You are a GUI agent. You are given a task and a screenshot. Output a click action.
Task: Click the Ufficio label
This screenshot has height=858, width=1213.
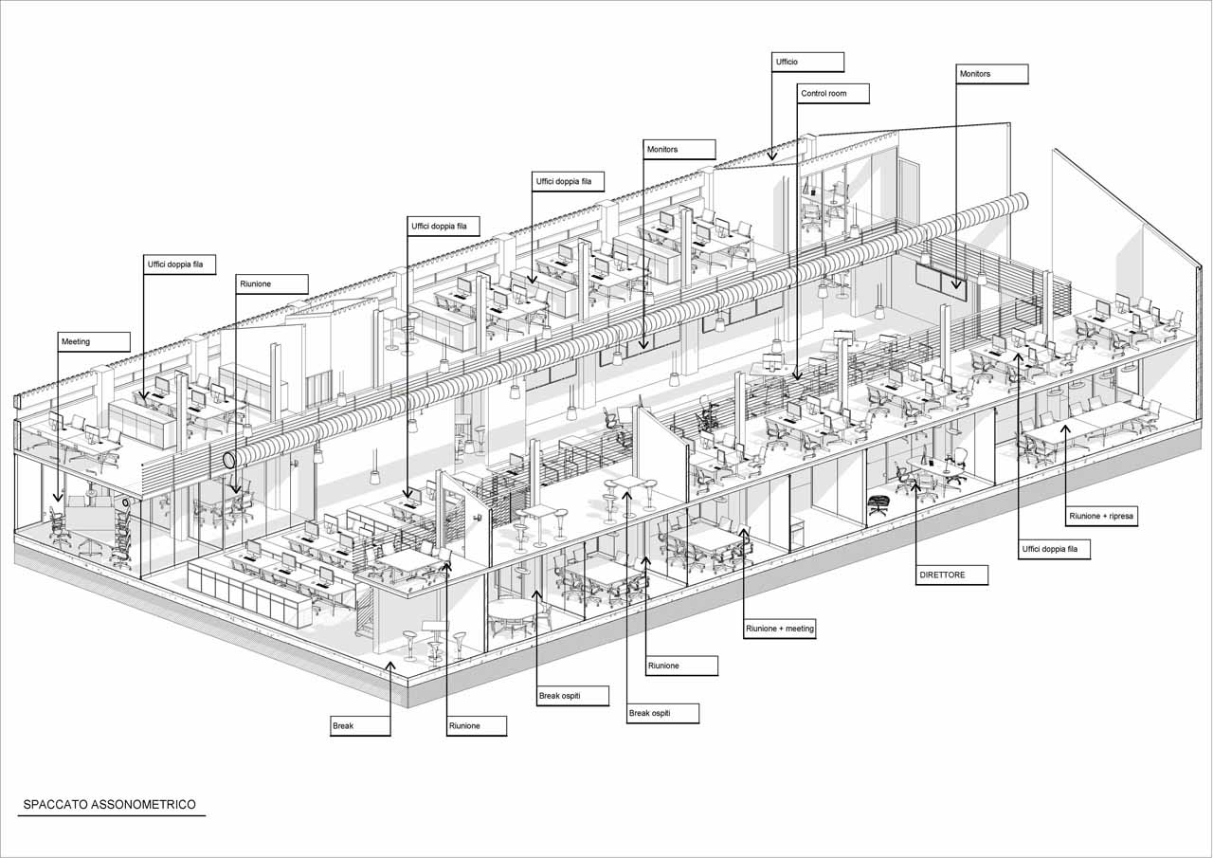point(806,62)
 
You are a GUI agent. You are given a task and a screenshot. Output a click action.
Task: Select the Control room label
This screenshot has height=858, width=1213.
point(832,94)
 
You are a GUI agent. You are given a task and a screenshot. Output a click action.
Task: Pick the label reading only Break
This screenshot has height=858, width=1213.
point(359,726)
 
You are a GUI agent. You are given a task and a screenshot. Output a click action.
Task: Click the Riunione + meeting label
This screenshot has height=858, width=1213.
point(780,629)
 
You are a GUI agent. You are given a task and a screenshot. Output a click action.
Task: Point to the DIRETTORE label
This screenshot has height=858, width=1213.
point(952,575)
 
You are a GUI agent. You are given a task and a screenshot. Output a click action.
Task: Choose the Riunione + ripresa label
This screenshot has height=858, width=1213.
point(1101,517)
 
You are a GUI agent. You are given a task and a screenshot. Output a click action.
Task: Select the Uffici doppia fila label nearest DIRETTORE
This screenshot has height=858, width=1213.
point(1055,549)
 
